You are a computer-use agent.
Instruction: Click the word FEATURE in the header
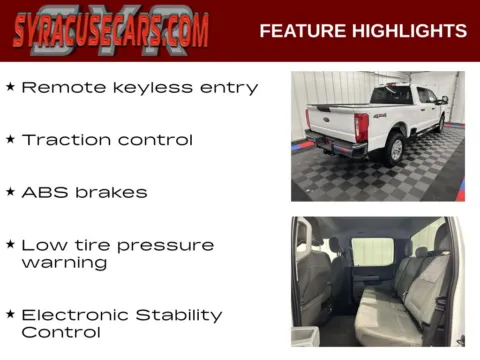tap(300, 31)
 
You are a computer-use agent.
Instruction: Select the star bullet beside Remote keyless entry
tap(10, 87)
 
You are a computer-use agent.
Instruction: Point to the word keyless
tap(137, 88)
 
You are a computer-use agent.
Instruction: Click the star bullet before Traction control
tap(10, 139)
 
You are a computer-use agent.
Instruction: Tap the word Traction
tap(64, 140)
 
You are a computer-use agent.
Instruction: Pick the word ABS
tap(42, 192)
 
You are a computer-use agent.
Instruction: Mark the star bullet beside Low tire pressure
tap(10, 244)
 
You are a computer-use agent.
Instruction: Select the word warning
tap(64, 263)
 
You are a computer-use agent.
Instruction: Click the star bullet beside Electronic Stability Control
tap(10, 314)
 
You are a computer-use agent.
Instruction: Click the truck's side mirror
tap(441, 99)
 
